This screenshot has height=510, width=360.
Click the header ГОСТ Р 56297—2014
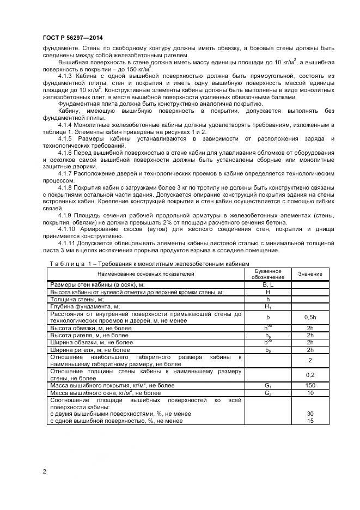(72, 37)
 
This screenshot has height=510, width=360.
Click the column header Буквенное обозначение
(268, 274)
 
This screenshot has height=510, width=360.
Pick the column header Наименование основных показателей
(147, 274)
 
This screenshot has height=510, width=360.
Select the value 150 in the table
(310, 385)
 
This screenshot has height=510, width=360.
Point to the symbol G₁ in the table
(268, 385)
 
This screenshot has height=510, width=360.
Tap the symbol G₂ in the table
(268, 392)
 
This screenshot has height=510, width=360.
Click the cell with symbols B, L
(268, 284)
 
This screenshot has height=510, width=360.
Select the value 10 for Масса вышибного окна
(310, 392)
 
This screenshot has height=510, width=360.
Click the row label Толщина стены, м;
(77, 299)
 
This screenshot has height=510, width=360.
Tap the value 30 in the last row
(310, 414)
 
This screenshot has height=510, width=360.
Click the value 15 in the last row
(310, 421)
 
